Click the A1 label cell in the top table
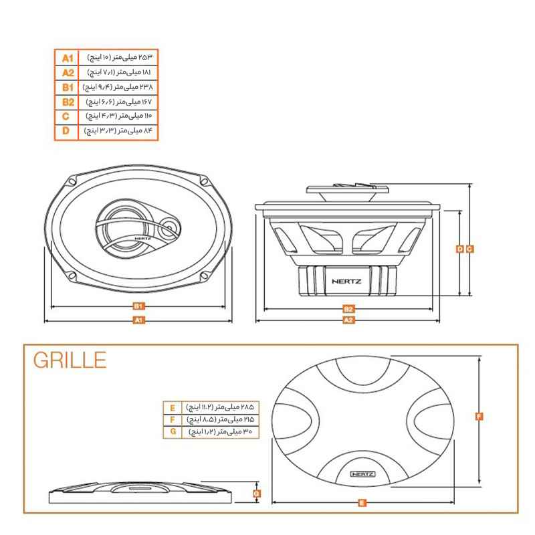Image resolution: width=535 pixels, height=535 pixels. click(x=67, y=58)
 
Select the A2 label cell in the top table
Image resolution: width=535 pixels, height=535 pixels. click(x=67, y=73)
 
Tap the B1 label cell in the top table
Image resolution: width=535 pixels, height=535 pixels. click(x=67, y=88)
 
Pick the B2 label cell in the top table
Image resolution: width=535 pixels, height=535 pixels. click(x=67, y=102)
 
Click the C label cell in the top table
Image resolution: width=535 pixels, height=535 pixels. click(x=67, y=116)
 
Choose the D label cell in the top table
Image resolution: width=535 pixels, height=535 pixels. click(x=67, y=131)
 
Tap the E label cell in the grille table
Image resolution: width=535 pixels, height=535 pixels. click(x=173, y=407)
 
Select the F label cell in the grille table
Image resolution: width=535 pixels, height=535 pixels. click(x=173, y=420)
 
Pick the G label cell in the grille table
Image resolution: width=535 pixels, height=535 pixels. click(x=173, y=433)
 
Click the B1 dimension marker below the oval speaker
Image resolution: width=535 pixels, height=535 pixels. click(x=138, y=306)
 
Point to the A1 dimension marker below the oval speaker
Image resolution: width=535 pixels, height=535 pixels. click(x=138, y=320)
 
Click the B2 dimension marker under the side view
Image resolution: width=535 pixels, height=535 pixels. click(x=348, y=309)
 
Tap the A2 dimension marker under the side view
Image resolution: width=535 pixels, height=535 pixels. click(x=348, y=320)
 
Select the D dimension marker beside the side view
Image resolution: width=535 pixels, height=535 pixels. click(x=459, y=249)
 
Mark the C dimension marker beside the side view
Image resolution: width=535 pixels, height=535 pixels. click(x=470, y=249)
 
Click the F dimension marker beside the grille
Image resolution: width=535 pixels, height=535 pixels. click(x=479, y=417)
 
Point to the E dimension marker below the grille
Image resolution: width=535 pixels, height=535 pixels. click(x=361, y=502)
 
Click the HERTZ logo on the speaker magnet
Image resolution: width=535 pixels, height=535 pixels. click(x=345, y=281)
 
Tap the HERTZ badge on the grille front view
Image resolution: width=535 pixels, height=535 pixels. click(x=362, y=473)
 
